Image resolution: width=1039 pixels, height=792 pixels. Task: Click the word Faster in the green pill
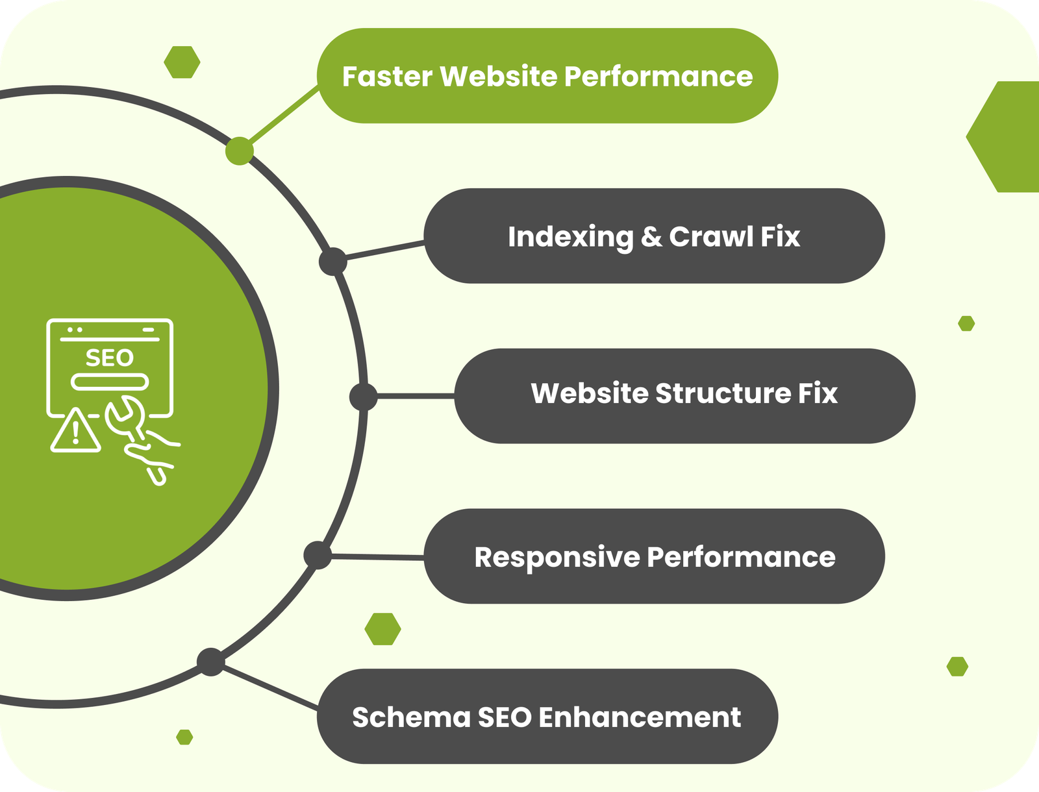point(387,77)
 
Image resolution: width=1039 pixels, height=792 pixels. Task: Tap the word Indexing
point(570,237)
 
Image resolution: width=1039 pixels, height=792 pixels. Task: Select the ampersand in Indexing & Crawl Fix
point(651,237)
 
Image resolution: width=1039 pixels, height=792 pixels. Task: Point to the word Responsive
point(557,558)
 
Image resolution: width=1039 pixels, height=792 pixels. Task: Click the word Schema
point(411,717)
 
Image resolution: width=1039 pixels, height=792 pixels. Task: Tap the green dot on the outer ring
point(239,151)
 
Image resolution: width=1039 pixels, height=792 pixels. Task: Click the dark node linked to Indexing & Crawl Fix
point(333,261)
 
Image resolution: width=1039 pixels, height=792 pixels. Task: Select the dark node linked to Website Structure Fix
point(363,396)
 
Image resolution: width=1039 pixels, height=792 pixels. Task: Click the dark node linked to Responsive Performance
point(318,556)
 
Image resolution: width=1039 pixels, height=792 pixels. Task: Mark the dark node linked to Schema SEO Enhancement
point(210,662)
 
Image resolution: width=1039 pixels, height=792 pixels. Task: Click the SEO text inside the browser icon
point(109,358)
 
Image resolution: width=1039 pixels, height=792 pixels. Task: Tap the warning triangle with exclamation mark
point(76,431)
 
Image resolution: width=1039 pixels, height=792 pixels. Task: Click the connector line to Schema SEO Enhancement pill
point(269,687)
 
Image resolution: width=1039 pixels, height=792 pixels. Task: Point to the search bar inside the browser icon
point(110,382)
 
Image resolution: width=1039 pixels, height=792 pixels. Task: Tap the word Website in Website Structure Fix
point(589,393)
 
